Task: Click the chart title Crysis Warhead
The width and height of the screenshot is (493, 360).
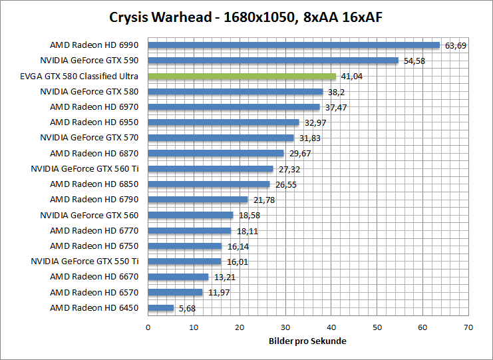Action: [x=246, y=15]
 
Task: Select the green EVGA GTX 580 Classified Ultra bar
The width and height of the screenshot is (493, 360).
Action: [x=242, y=77]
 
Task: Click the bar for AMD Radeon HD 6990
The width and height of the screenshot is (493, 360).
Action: [x=293, y=45]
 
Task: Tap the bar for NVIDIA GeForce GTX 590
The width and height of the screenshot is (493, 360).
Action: [x=273, y=61]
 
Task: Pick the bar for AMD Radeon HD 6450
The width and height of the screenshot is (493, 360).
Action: [x=160, y=308]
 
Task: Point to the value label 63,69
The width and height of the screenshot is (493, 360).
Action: [x=456, y=46]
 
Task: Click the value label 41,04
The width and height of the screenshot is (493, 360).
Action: [x=352, y=77]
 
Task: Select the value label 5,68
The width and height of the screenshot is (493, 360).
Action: [x=187, y=308]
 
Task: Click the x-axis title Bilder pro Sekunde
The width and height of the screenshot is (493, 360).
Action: [x=307, y=341]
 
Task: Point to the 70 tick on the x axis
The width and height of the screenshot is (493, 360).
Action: [x=468, y=327]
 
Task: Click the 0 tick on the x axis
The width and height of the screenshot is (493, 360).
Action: [x=148, y=327]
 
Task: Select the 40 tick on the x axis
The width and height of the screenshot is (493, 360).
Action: [x=331, y=327]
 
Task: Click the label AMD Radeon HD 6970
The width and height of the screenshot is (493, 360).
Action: [x=94, y=106]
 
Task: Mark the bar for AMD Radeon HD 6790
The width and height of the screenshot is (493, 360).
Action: [x=198, y=200]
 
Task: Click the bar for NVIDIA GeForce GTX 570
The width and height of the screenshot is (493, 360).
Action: [x=220, y=138]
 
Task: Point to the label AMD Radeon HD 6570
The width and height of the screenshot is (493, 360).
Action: [x=94, y=292]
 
